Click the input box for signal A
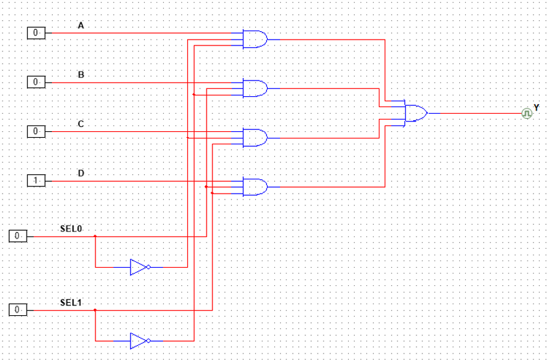click(36, 32)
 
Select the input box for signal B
click(36, 82)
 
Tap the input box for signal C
click(36, 131)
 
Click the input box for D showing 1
click(36, 181)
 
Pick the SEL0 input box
click(18, 236)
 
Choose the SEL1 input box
click(18, 310)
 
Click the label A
click(81, 25)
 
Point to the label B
click(81, 75)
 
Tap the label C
click(81, 123)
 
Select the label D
click(81, 173)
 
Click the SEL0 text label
click(70, 229)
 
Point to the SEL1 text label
click(70, 302)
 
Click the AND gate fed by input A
click(254, 39)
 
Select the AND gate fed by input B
click(254, 88)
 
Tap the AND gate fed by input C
click(254, 138)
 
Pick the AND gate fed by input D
click(254, 187)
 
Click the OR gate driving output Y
click(416, 113)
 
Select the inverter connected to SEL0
click(138, 267)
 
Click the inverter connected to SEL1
click(138, 341)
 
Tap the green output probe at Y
click(527, 113)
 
